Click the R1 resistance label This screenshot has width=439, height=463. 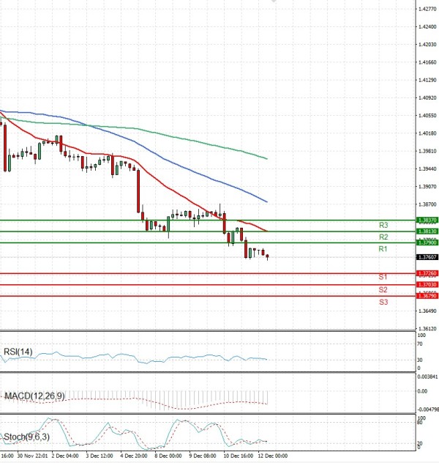tap(383, 250)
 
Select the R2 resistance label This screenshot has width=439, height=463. tap(383, 237)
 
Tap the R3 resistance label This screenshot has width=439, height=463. tap(383, 225)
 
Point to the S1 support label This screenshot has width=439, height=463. tap(383, 277)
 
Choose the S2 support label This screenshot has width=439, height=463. tap(383, 289)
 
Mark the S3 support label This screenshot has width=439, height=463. tap(383, 302)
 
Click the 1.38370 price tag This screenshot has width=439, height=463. tap(427, 220)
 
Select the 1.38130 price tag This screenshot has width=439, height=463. tap(427, 231)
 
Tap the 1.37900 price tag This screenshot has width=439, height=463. tap(427, 242)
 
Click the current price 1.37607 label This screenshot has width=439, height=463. tap(427, 257)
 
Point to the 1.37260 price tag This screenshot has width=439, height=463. tap(427, 273)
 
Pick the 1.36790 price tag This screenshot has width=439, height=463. tap(427, 295)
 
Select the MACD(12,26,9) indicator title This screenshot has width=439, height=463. tap(34, 396)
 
